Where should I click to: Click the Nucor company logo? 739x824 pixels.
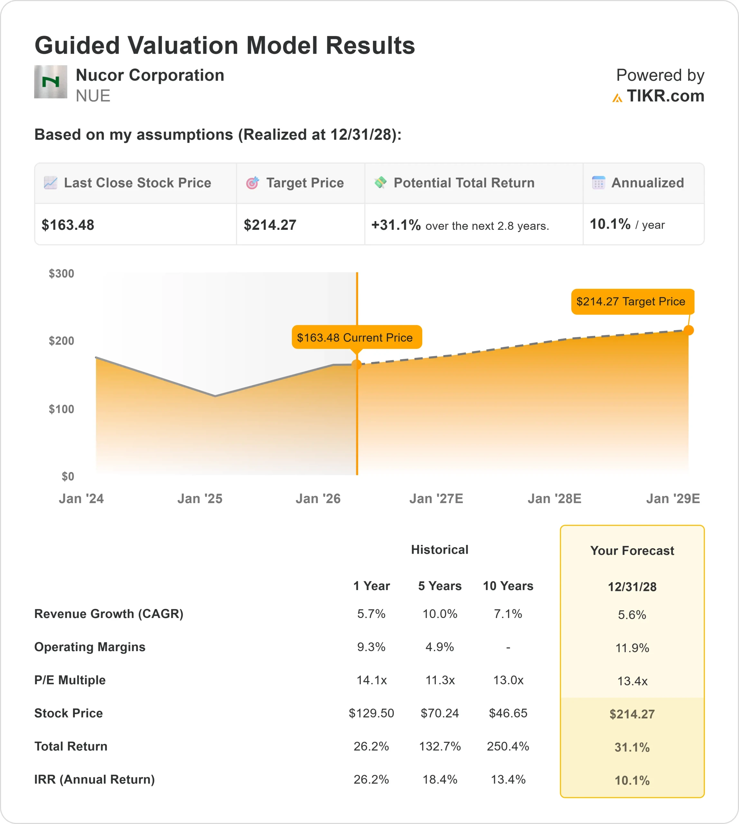pos(50,82)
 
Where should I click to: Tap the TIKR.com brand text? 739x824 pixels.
pos(665,96)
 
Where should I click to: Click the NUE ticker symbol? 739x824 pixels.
pos(93,96)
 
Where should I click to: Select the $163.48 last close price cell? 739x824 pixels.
pos(68,225)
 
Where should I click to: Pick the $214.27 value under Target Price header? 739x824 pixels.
pos(270,225)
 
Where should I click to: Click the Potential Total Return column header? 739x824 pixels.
pos(464,183)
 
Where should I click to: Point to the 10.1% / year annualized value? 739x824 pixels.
pos(627,225)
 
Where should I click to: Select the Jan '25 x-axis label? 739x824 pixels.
pos(200,499)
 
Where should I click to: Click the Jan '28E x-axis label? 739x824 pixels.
pos(554,499)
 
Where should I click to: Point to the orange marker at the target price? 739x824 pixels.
pos(689,331)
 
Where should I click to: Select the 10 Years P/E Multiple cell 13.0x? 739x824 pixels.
pos(508,680)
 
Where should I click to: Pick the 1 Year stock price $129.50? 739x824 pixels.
pos(371,714)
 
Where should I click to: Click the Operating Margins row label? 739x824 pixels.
pos(90,647)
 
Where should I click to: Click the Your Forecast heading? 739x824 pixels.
pos(632,551)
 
